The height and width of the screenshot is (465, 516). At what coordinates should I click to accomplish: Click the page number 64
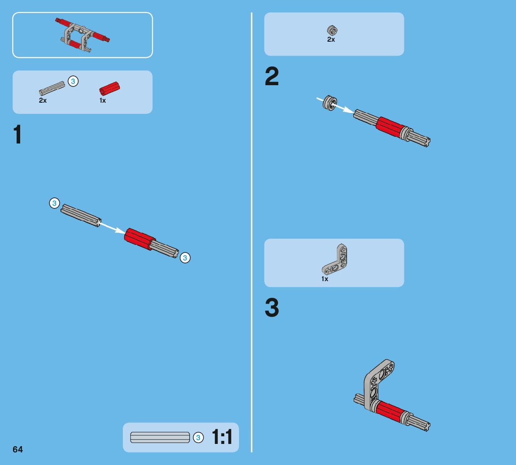17,449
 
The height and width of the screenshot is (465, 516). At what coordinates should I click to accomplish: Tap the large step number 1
17,134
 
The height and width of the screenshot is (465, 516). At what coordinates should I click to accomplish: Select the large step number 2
272,76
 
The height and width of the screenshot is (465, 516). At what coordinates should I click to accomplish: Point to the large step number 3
272,308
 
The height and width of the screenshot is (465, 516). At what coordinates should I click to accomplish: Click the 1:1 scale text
222,437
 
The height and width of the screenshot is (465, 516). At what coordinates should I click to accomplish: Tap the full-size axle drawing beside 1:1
160,437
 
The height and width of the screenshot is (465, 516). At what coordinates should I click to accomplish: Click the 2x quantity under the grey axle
43,100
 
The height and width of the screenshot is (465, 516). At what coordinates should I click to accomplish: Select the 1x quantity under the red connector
103,100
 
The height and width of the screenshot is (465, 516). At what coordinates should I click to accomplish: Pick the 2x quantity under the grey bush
331,39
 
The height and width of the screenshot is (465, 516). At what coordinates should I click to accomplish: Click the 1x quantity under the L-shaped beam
325,279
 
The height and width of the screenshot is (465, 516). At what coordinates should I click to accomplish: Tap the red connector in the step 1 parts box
109,88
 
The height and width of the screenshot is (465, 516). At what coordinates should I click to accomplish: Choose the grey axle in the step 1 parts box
52,88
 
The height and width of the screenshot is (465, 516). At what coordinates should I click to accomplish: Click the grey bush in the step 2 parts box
332,30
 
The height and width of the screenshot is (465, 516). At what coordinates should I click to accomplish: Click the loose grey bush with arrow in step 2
330,103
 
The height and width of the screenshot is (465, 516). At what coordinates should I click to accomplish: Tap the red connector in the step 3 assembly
390,411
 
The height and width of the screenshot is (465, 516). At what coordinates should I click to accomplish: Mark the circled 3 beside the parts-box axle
73,81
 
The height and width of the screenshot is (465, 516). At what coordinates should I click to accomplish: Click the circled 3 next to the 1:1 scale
198,437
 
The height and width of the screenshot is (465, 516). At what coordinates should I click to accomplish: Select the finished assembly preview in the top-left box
82,35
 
